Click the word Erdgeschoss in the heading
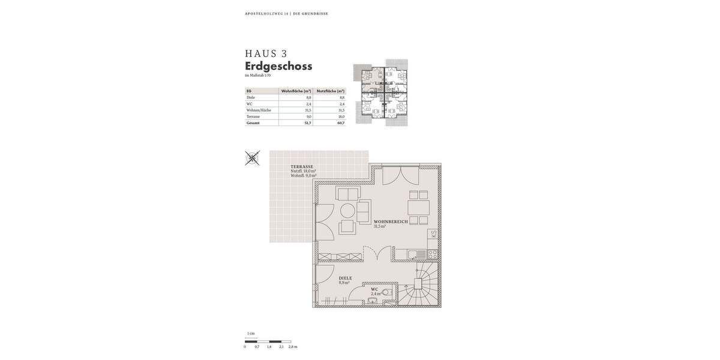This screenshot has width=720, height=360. tap(278, 66)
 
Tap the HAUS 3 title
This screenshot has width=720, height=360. tap(266, 53)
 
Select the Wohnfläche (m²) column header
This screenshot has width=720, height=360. tap(296, 91)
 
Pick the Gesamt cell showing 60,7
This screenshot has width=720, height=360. tap(341, 123)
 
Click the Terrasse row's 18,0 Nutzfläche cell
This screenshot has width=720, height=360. tap(341, 116)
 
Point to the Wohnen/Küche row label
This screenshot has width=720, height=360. tap(259, 110)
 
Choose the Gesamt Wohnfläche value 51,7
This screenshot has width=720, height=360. tap(308, 123)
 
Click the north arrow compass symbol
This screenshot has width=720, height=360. tap(253, 158)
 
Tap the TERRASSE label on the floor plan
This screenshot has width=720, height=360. tap(302, 167)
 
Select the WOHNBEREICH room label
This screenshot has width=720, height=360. tap(391, 221)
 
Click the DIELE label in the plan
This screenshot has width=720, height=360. tap(345, 278)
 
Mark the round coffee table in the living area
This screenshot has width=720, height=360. tap(348, 211)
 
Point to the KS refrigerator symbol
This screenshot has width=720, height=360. tap(433, 235)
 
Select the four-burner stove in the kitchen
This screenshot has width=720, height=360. tap(432, 254)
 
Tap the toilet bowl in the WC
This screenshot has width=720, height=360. tap(386, 292)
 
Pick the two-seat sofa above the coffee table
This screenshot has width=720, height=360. tap(348, 194)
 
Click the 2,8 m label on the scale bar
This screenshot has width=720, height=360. tap(293, 347)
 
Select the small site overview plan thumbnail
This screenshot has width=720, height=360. tap(380, 92)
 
